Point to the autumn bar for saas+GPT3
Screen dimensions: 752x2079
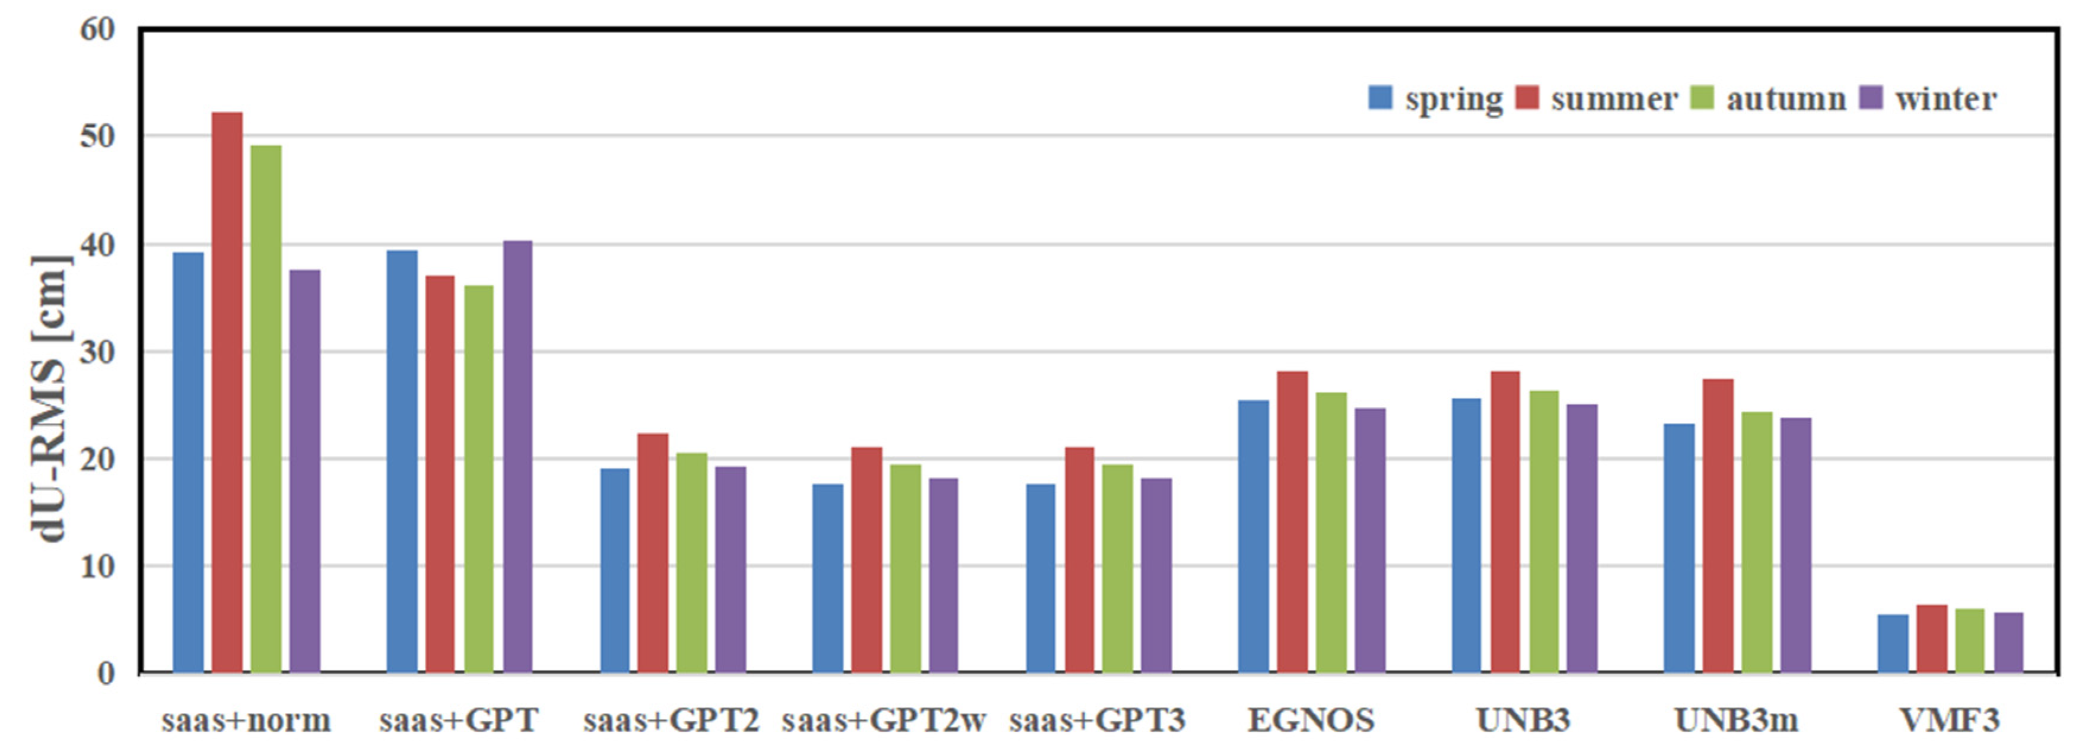[x=1117, y=568]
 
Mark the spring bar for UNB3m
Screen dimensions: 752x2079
[x=1679, y=548]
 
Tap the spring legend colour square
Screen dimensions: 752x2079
[x=1381, y=98]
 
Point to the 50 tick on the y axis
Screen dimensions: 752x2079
[x=98, y=136]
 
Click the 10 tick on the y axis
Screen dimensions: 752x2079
[x=98, y=566]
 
